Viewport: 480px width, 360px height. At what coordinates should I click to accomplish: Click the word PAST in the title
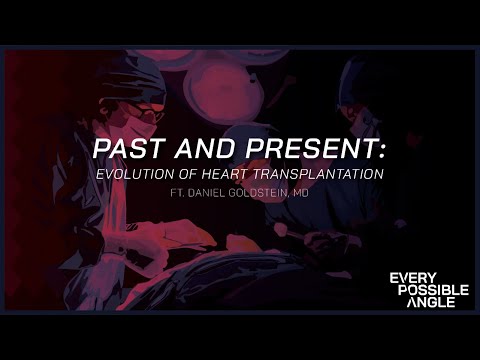125,150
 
